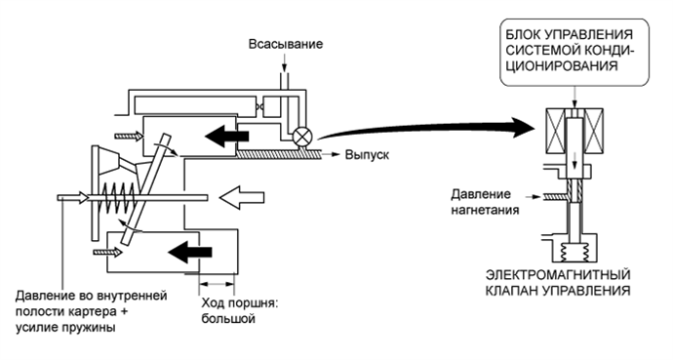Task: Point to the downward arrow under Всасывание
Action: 284,64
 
